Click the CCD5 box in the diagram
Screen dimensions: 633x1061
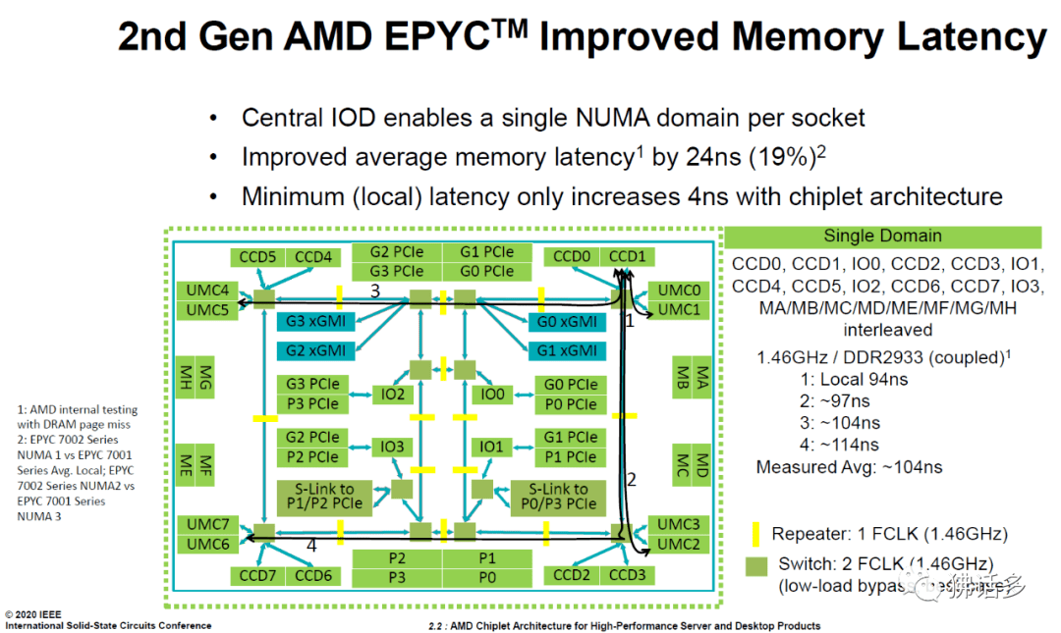coord(257,257)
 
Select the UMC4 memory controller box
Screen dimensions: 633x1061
coord(207,290)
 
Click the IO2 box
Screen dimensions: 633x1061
coord(393,394)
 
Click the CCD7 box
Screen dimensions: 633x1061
coord(258,575)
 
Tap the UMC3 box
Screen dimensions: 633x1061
coord(677,524)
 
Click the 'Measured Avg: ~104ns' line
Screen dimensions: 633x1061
coord(849,467)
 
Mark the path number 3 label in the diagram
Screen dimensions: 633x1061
coord(374,290)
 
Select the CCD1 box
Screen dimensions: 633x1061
coord(627,257)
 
